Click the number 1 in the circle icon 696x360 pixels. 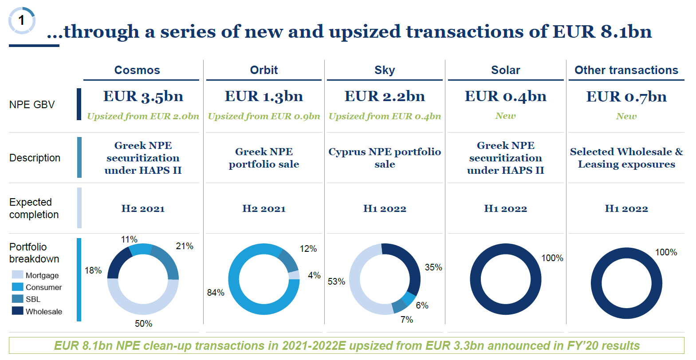click(21, 20)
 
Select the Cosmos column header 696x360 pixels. click(137, 70)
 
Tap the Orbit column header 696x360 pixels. click(264, 70)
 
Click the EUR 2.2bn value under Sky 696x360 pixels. click(385, 96)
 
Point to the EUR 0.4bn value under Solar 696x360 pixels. click(505, 96)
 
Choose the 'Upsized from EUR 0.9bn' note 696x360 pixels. click(264, 116)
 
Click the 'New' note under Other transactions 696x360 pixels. click(626, 116)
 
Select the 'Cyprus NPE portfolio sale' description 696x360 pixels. click(385, 158)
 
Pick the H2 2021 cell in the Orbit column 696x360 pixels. click(264, 208)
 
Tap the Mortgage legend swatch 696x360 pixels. click(18, 275)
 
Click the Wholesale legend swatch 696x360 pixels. click(18, 311)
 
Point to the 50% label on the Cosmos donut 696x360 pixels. click(143, 324)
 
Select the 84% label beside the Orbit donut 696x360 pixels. click(216, 293)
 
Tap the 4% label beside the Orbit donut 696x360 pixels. click(314, 275)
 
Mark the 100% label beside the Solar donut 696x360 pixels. click(552, 258)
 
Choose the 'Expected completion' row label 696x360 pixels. click(34, 208)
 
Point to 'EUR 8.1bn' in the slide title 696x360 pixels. click(602, 31)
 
